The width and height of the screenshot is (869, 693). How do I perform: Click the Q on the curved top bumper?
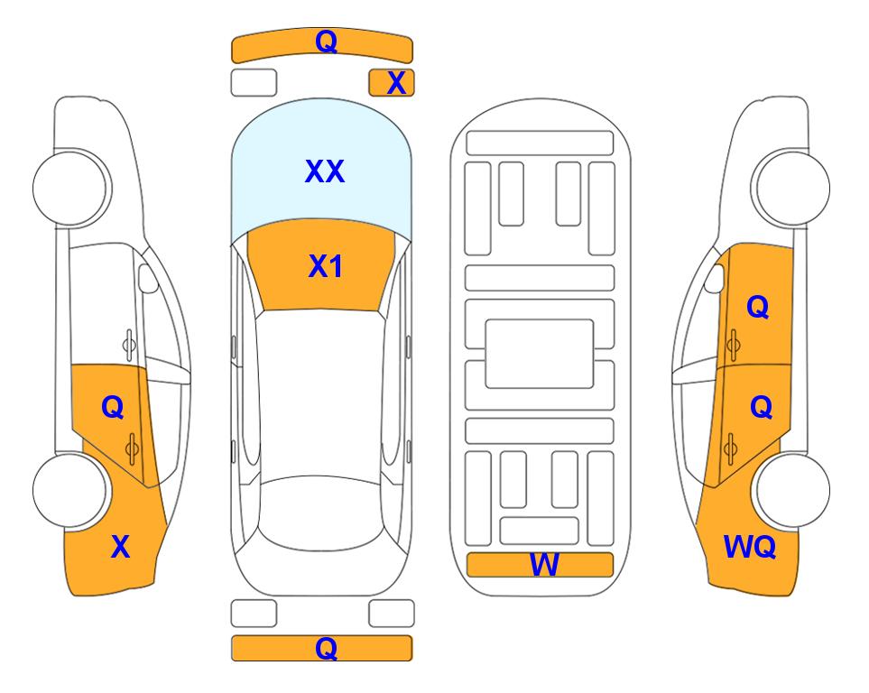point(326,41)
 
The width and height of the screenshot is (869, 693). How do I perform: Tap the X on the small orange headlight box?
point(396,83)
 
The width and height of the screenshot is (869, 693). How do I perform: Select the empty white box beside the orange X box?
point(254,83)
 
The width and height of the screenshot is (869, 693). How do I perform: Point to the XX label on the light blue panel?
point(325,171)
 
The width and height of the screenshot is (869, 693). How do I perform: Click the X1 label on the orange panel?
point(326,266)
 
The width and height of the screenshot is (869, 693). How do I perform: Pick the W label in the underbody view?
point(544,565)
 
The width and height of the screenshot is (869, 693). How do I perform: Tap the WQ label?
point(750,547)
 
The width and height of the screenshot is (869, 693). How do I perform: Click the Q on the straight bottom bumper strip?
point(326,648)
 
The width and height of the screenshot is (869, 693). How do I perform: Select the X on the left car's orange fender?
point(120,547)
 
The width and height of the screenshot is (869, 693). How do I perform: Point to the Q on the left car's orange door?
point(113,408)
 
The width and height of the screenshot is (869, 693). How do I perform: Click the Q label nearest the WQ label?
point(761,408)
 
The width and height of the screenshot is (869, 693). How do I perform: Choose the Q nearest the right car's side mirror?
point(758,307)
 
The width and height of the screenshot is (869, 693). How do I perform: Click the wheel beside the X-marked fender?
point(70,491)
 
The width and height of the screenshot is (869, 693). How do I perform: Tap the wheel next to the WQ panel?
point(791,491)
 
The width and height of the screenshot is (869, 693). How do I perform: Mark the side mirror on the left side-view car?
point(148,278)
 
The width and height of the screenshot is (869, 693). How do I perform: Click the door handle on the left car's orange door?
point(132,448)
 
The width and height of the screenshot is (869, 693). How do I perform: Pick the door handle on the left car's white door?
point(128,345)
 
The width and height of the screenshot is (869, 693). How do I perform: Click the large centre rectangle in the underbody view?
point(540,354)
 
